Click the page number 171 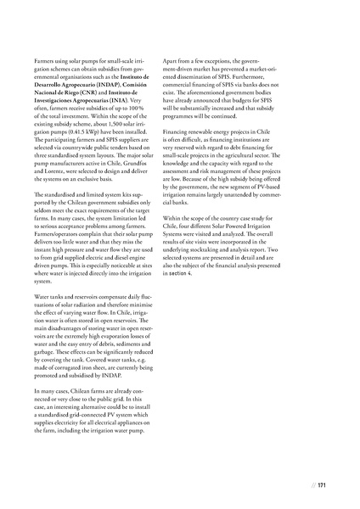pos(322,485)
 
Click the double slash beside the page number pos(312,485)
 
